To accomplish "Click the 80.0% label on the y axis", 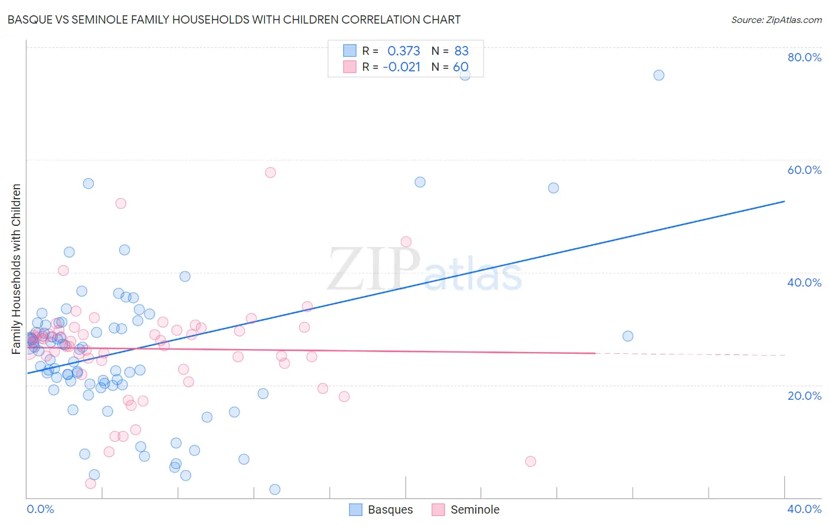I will (x=804, y=57).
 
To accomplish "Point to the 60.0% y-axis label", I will (x=804, y=170).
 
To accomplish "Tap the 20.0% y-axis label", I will (x=804, y=396).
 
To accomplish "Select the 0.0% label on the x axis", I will (x=40, y=509).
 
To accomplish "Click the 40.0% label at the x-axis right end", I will (x=804, y=509).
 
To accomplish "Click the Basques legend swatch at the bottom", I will (x=356, y=509).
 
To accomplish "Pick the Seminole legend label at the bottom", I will (x=475, y=509).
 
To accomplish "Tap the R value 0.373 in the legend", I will (x=403, y=51).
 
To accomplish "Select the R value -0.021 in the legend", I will (x=402, y=67).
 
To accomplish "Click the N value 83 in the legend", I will (x=461, y=51).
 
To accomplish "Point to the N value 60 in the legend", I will (x=460, y=67).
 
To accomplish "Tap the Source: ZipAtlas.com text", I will (x=776, y=19).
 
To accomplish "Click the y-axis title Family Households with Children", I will (x=16, y=269).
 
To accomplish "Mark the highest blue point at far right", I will (x=659, y=75).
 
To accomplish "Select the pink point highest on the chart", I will (x=270, y=172).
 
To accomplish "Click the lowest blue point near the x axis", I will (x=275, y=489).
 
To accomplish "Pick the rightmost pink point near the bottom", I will (x=531, y=461).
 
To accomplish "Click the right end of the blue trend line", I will (x=784, y=202).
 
